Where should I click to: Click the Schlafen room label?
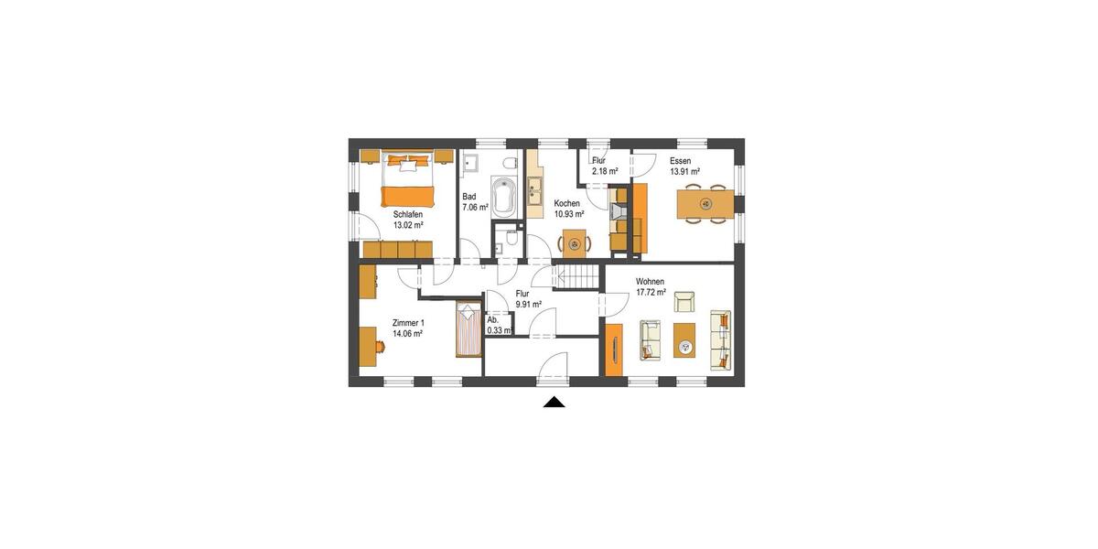point(408,214)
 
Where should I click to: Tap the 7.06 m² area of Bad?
point(475,208)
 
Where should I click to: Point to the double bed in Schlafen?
point(407,180)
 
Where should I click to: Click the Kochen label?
point(566,203)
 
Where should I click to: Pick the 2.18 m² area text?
point(605,171)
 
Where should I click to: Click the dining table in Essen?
point(705,203)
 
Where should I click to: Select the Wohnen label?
point(650,282)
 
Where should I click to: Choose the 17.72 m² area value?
point(651,293)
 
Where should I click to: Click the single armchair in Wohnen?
point(684,301)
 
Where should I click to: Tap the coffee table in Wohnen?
point(684,339)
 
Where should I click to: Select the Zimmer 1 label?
point(407,323)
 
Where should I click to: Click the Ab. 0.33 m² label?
point(497,325)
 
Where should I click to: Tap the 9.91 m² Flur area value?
point(528,304)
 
